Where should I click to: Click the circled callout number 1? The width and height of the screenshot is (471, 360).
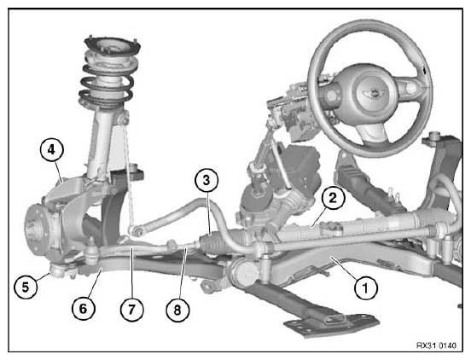coord(365,288)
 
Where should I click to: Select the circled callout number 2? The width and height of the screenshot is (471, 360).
coord(333,198)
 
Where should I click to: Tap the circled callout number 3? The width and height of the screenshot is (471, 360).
coord(206,181)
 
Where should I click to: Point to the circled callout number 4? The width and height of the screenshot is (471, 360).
coord(52,149)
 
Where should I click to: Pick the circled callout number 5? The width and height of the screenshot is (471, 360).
coord(26,287)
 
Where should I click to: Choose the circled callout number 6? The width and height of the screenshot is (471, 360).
coord(84,308)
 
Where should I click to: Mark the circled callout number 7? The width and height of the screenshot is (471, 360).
coord(132,310)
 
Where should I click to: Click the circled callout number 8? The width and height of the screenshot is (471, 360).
coord(177,310)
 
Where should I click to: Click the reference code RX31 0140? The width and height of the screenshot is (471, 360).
coord(436,345)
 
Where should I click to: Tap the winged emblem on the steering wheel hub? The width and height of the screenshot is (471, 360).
coord(372,92)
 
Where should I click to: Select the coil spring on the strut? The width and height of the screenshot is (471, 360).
coord(106,84)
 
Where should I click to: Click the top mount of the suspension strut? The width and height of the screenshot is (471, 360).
coord(113,47)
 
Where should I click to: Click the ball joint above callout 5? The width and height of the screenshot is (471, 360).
coord(59,270)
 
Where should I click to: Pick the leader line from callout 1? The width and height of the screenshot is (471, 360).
coord(345,268)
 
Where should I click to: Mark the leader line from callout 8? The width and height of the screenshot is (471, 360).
coord(183,273)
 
